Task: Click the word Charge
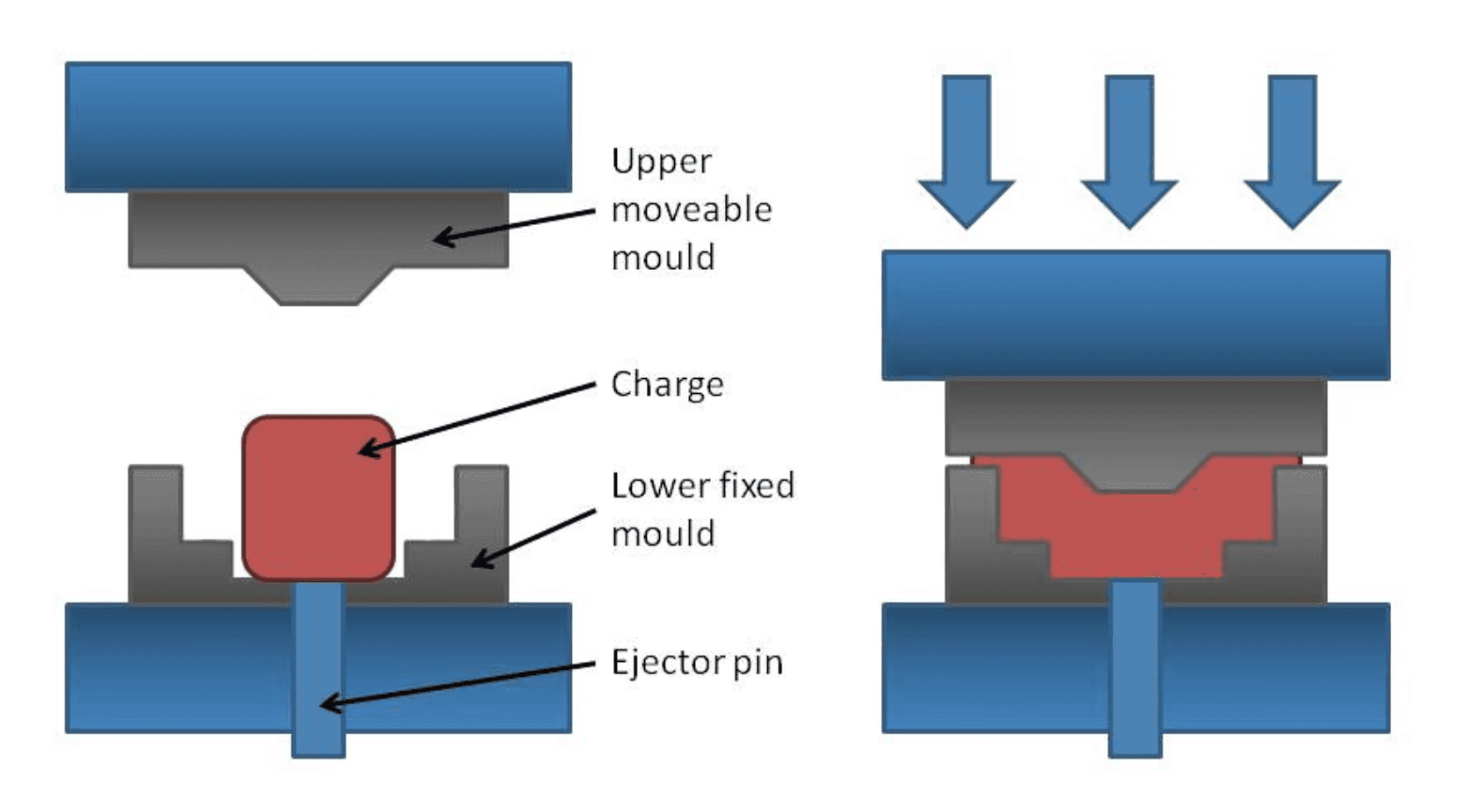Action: tap(667, 384)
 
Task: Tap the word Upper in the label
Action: tap(661, 163)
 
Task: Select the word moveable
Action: tap(692, 210)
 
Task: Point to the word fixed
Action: tap(754, 485)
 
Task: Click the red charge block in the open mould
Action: tap(318, 497)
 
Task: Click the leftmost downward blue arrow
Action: tap(967, 149)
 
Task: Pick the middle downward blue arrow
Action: tap(1129, 149)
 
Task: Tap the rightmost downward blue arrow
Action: tap(1292, 149)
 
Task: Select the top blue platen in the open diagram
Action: tap(318, 127)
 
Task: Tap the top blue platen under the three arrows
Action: tap(1135, 315)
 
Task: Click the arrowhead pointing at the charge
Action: tap(369, 449)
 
